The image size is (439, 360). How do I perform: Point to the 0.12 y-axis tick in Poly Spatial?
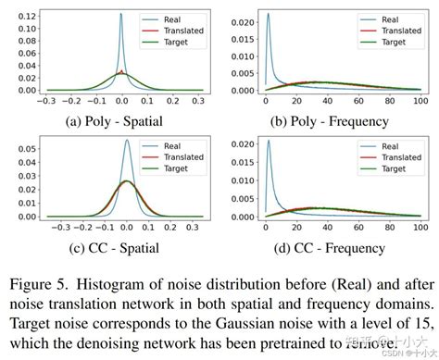tap(32, 18)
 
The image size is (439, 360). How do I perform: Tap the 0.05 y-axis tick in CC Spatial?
tap(32, 148)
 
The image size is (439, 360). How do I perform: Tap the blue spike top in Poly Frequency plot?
tap(268, 14)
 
